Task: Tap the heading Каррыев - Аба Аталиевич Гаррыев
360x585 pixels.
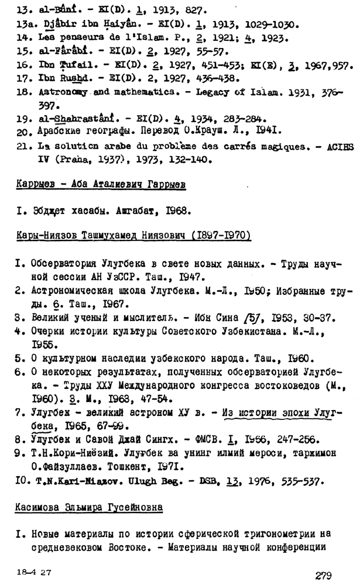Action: point(100,185)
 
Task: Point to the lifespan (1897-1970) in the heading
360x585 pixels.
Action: point(216,235)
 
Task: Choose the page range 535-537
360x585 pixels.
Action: point(293,481)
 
